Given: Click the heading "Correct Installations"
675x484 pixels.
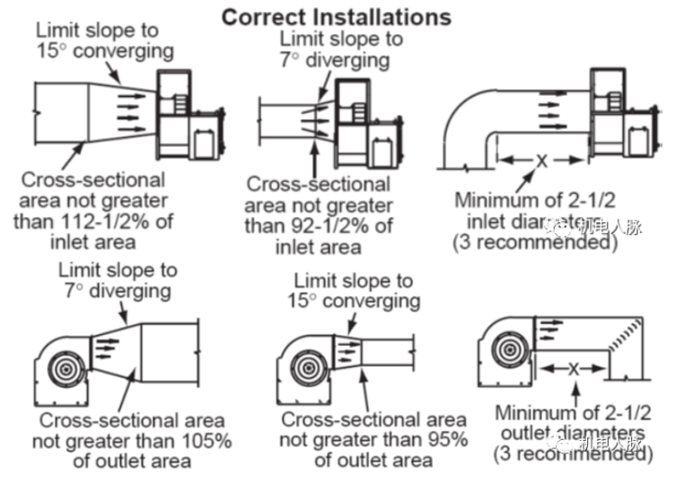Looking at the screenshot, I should pos(337,16).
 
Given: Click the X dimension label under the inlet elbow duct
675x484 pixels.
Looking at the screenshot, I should pos(541,161).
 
